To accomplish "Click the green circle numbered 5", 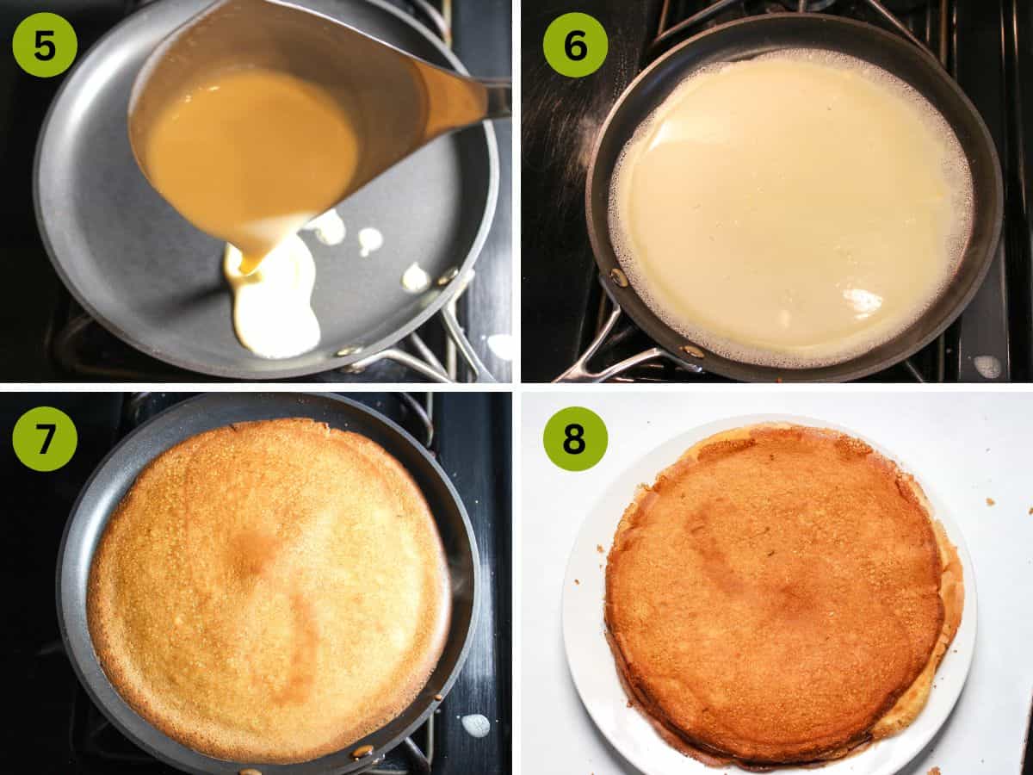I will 45,45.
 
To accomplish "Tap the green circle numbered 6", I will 575,45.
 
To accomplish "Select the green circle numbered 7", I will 45,438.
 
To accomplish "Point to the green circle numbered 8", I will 575,438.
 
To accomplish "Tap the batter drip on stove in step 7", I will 475,725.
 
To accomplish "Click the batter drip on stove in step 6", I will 987,366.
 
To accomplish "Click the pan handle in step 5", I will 430,353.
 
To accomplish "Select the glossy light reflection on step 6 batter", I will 861,301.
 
